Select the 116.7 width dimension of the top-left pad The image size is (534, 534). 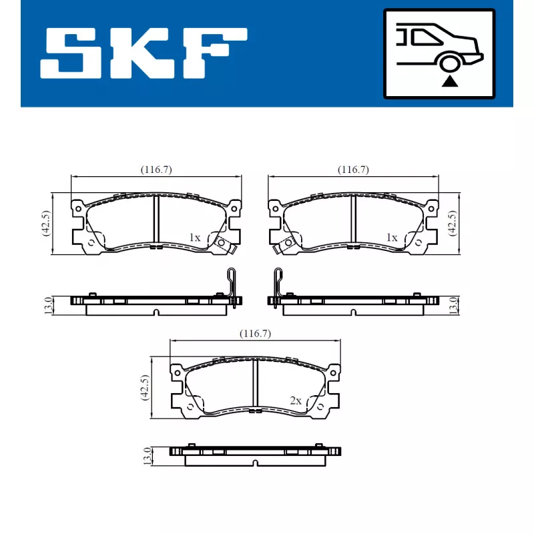tap(156, 170)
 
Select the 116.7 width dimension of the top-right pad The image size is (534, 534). tap(353, 170)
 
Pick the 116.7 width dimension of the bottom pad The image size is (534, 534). tap(255, 333)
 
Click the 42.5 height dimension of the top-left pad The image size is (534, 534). tap(45, 224)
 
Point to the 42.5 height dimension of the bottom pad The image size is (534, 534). tap(144, 388)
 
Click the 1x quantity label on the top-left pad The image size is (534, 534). tap(195, 238)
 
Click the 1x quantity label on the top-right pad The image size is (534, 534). tap(392, 238)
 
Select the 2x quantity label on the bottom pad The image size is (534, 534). tap(296, 401)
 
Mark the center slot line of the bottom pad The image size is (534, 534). tap(254, 384)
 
